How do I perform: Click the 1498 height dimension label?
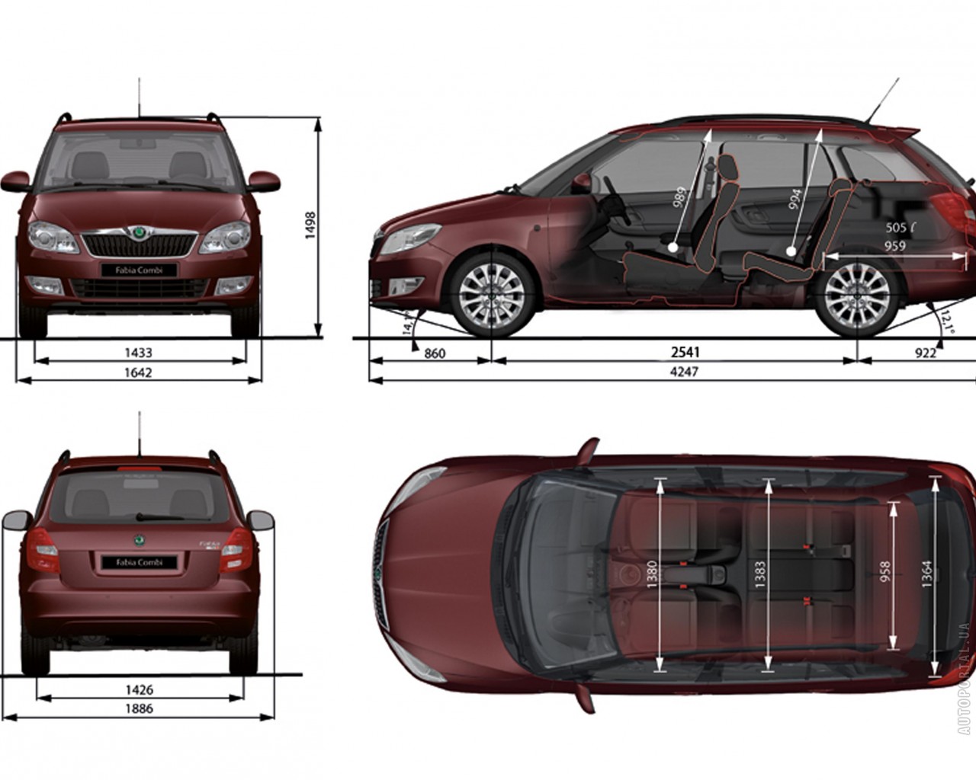[x=310, y=225]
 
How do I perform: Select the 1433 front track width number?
[x=139, y=353]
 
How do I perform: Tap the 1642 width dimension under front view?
[x=139, y=372]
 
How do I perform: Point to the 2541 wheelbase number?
[x=685, y=352]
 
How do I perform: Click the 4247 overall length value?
[x=685, y=372]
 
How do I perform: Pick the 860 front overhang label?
[x=435, y=353]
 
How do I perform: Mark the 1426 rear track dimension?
[x=139, y=689]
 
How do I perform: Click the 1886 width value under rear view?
[x=139, y=708]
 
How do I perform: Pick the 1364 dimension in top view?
[x=926, y=574]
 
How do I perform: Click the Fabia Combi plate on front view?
[x=140, y=270]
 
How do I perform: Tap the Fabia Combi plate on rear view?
[x=140, y=562]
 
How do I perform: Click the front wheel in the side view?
[x=491, y=295]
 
